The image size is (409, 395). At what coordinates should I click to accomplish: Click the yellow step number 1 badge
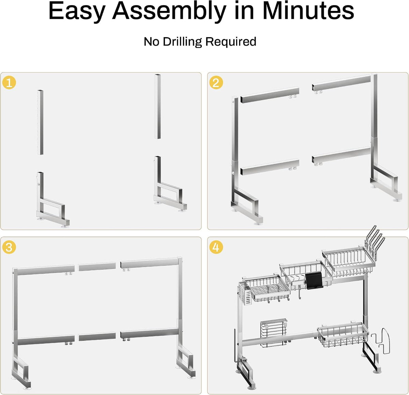[9, 83]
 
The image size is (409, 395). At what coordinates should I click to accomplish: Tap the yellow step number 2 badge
[216, 83]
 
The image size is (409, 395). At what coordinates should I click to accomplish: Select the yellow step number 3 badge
[9, 247]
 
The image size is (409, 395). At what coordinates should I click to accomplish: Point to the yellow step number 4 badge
[216, 247]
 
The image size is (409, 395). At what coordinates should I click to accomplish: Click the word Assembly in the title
[169, 11]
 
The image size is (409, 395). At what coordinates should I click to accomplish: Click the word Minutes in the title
[308, 11]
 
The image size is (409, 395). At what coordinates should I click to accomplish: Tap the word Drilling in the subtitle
[182, 42]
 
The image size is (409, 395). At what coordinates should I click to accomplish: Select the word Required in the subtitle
[231, 42]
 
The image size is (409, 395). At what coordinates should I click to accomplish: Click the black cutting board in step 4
[314, 281]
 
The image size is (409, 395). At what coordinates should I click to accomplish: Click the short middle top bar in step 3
[97, 266]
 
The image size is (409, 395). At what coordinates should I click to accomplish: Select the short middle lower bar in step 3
[97, 337]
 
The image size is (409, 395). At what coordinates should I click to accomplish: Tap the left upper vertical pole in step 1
[40, 122]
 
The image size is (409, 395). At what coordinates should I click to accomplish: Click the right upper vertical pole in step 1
[158, 106]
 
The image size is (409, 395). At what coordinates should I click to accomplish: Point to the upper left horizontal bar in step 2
[270, 95]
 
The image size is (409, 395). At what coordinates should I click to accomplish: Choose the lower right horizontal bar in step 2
[341, 156]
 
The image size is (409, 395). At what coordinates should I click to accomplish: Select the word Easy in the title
[77, 11]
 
